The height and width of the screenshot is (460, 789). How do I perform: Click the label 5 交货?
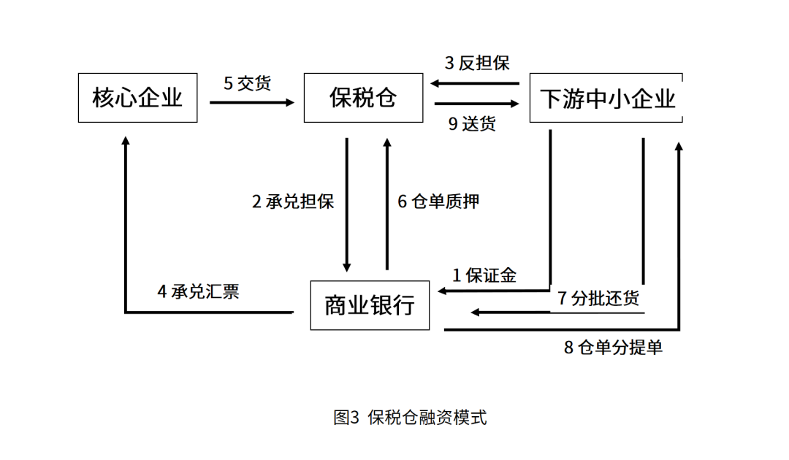(247, 83)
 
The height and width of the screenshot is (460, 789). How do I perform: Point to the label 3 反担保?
(477, 63)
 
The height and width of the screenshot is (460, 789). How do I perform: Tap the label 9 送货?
(472, 123)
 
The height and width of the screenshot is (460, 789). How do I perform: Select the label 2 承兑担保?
(293, 202)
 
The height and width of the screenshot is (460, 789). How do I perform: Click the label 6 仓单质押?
(438, 202)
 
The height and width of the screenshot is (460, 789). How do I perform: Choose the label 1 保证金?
(484, 275)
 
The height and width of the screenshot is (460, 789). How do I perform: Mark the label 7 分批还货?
(598, 298)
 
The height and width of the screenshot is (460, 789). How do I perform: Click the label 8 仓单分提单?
(613, 348)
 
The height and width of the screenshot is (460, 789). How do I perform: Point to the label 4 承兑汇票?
(198, 291)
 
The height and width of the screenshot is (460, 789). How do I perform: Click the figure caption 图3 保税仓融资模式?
(410, 417)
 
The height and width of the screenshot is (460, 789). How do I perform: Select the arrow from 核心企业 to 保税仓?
(252, 102)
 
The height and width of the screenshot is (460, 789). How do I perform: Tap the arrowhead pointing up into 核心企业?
(126, 140)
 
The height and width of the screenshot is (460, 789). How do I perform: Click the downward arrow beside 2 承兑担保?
(347, 205)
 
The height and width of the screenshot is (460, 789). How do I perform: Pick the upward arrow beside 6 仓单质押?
(387, 204)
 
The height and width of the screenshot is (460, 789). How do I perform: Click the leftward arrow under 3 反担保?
(475, 83)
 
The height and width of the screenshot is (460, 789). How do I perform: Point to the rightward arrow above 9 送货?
(476, 104)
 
